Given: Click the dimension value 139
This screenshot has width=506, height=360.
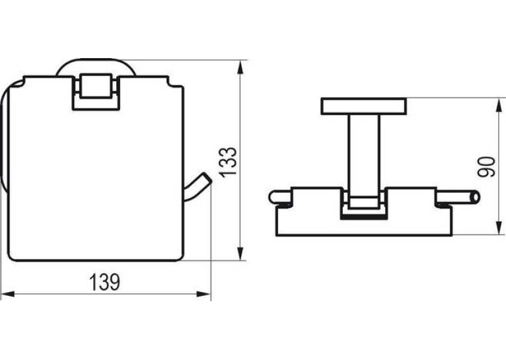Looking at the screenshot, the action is point(104,282).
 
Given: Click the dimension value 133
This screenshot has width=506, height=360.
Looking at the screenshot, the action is point(228,162).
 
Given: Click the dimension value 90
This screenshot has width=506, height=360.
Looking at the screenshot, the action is point(486,166).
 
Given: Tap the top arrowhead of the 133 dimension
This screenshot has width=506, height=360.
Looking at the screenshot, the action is point(240,69).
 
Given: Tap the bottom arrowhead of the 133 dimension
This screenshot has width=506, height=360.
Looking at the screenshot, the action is point(240,253).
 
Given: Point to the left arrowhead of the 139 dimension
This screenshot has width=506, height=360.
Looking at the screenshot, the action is point(8,294).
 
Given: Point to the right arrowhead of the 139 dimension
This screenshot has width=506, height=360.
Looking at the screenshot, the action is point(203,294).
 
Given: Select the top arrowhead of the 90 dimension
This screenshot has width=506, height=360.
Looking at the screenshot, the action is point(499,105).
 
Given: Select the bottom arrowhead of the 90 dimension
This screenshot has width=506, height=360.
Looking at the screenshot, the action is point(499,228).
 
